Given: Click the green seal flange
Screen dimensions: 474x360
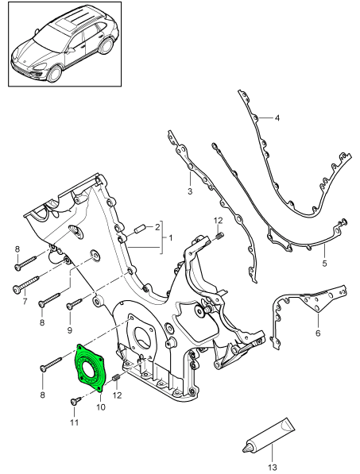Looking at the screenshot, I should click(89, 366).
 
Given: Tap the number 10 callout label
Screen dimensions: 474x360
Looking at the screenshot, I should click(101, 407).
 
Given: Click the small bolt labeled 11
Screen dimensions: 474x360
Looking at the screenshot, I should click(76, 402).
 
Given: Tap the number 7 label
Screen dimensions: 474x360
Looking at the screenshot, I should click(24, 302).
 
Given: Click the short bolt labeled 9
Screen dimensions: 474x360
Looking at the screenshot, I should click(74, 303).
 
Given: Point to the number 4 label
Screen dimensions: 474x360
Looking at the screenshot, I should click(277, 119).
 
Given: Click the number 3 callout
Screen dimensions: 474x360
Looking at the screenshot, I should click(190, 191).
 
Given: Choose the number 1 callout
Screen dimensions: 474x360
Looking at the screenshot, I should click(168, 237).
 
